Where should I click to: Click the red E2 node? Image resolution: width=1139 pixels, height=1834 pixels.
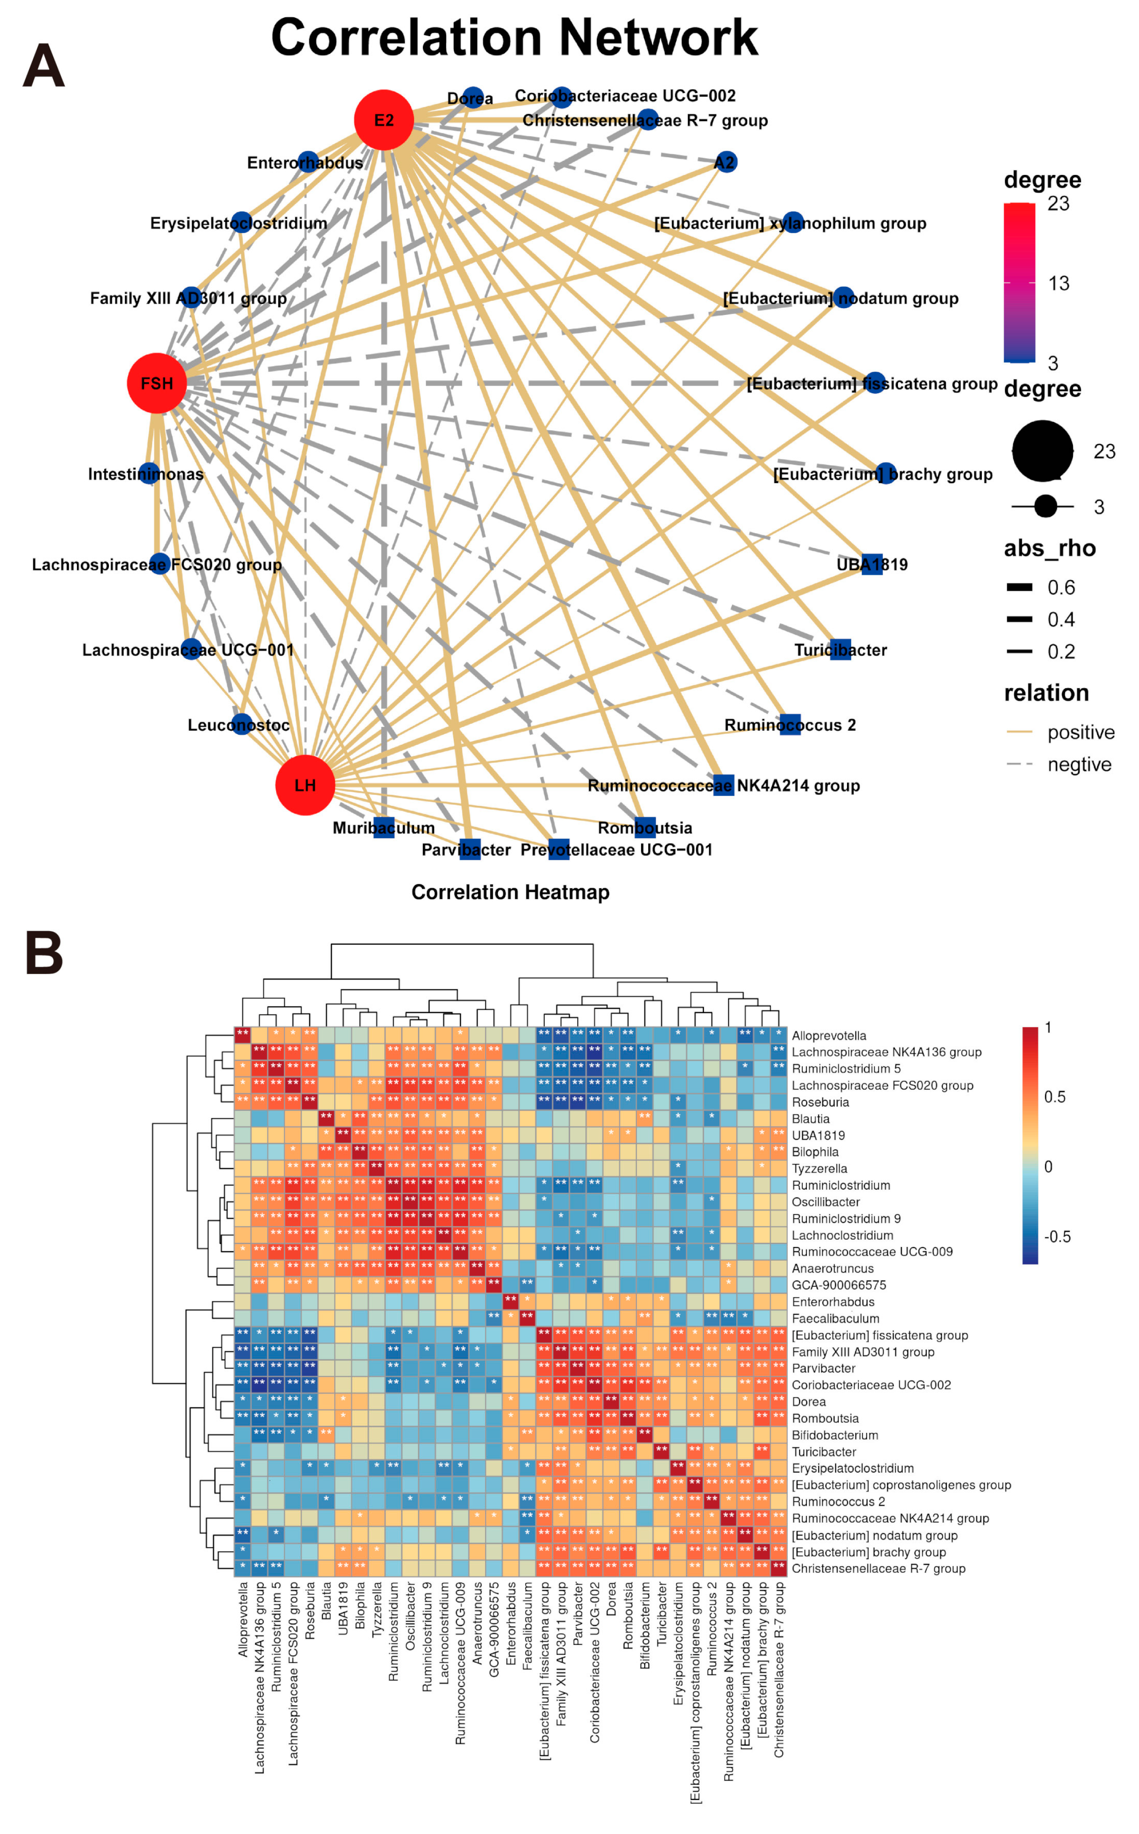coord(384,120)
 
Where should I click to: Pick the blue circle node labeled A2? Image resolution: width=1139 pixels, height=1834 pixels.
coord(725,162)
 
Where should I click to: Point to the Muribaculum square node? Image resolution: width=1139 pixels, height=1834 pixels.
coord(384,827)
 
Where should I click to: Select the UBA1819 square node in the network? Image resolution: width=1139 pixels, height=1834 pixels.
coord(872,564)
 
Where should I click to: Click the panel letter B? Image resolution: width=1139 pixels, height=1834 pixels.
coord(44,953)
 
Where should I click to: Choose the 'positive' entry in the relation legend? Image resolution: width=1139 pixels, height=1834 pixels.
coord(1080,732)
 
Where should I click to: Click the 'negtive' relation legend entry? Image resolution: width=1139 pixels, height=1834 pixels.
coord(1079,765)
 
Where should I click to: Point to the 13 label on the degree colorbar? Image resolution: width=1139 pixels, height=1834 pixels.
coord(1058,283)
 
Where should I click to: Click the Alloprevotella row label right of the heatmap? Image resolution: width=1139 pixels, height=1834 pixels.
coord(829,1036)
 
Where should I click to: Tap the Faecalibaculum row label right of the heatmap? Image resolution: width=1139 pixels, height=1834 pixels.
coord(835,1319)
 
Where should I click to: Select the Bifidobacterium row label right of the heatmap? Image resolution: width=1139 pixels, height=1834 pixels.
coord(835,1435)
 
